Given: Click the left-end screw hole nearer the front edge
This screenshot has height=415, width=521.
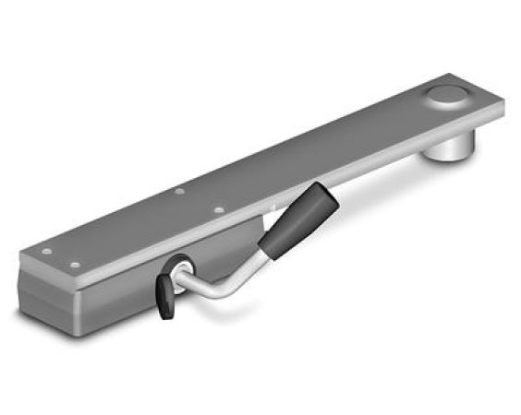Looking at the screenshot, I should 75,266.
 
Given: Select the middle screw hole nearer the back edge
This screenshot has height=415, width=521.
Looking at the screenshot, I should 179,192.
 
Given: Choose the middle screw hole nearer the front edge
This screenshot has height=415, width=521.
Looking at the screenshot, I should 218,209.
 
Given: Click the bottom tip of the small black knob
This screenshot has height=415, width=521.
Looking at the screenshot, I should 166,315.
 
